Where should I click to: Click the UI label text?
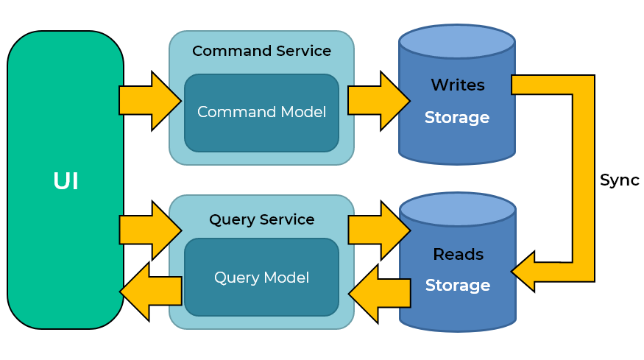pos(66,181)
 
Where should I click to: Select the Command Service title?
pos(261,52)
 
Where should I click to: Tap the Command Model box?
pos(261,113)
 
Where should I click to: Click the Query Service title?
pos(261,219)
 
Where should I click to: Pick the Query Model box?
pos(261,278)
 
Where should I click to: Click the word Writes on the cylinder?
pos(457,85)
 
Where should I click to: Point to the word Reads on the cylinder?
pos(458,255)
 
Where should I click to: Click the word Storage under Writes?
pos(457,118)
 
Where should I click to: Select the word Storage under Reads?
pos(458,286)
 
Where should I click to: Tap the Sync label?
pos(619,180)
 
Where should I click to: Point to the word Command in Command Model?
pos(227,113)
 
